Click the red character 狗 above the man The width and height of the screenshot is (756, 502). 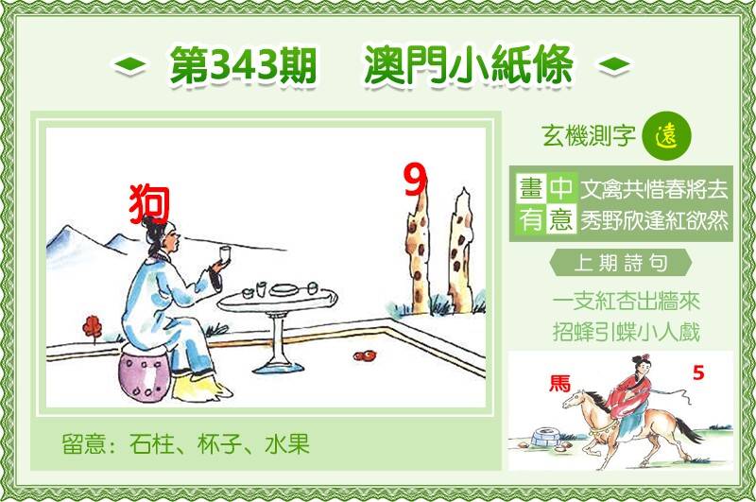(x=149, y=204)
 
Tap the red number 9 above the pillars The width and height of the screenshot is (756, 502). (x=416, y=180)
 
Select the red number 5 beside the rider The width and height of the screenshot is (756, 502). (x=698, y=372)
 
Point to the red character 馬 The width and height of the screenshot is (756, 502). (x=559, y=384)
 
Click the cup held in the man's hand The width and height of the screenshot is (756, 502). (x=225, y=253)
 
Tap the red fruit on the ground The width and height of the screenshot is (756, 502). (x=365, y=355)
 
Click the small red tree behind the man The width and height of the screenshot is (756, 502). (x=92, y=328)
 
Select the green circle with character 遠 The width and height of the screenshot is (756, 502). (x=667, y=136)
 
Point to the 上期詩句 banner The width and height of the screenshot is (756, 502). (x=621, y=264)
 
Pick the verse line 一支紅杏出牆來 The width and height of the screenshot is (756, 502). (x=626, y=302)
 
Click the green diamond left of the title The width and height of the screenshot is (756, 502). (x=129, y=65)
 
